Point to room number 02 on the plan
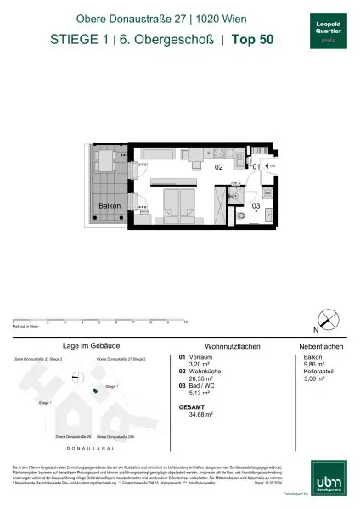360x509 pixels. pyautogui.click(x=218, y=167)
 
